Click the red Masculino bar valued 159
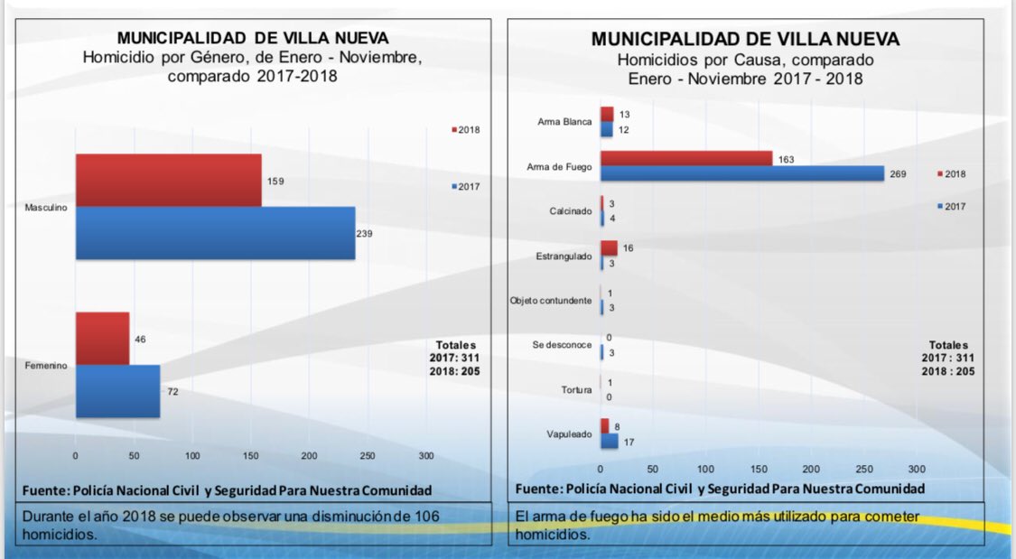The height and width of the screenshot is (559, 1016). tap(168, 180)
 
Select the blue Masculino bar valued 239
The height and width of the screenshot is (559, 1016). tap(215, 233)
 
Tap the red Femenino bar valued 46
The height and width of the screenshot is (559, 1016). tap(102, 339)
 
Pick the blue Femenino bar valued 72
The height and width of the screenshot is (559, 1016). tap(117, 391)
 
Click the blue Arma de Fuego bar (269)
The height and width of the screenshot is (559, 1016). tap(741, 173)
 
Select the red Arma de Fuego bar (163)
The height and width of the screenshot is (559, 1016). tap(685, 159)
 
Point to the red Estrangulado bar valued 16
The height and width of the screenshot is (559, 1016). tap(609, 247)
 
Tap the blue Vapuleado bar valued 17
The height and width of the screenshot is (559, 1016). tap(609, 442)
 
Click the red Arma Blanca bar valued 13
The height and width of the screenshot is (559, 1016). tap(607, 114)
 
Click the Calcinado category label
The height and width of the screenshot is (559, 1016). tap(572, 211)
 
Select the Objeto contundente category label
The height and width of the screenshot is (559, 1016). tap(551, 300)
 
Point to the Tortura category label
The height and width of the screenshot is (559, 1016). tap(576, 390)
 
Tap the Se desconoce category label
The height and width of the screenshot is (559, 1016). tap(563, 345)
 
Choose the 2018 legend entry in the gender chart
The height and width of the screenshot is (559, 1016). tap(466, 130)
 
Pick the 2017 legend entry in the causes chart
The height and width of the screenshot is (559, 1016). tap(952, 207)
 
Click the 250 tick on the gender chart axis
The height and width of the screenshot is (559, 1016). tap(368, 455)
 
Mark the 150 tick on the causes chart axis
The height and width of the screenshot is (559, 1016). tap(759, 470)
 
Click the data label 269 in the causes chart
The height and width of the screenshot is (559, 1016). tap(898, 173)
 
